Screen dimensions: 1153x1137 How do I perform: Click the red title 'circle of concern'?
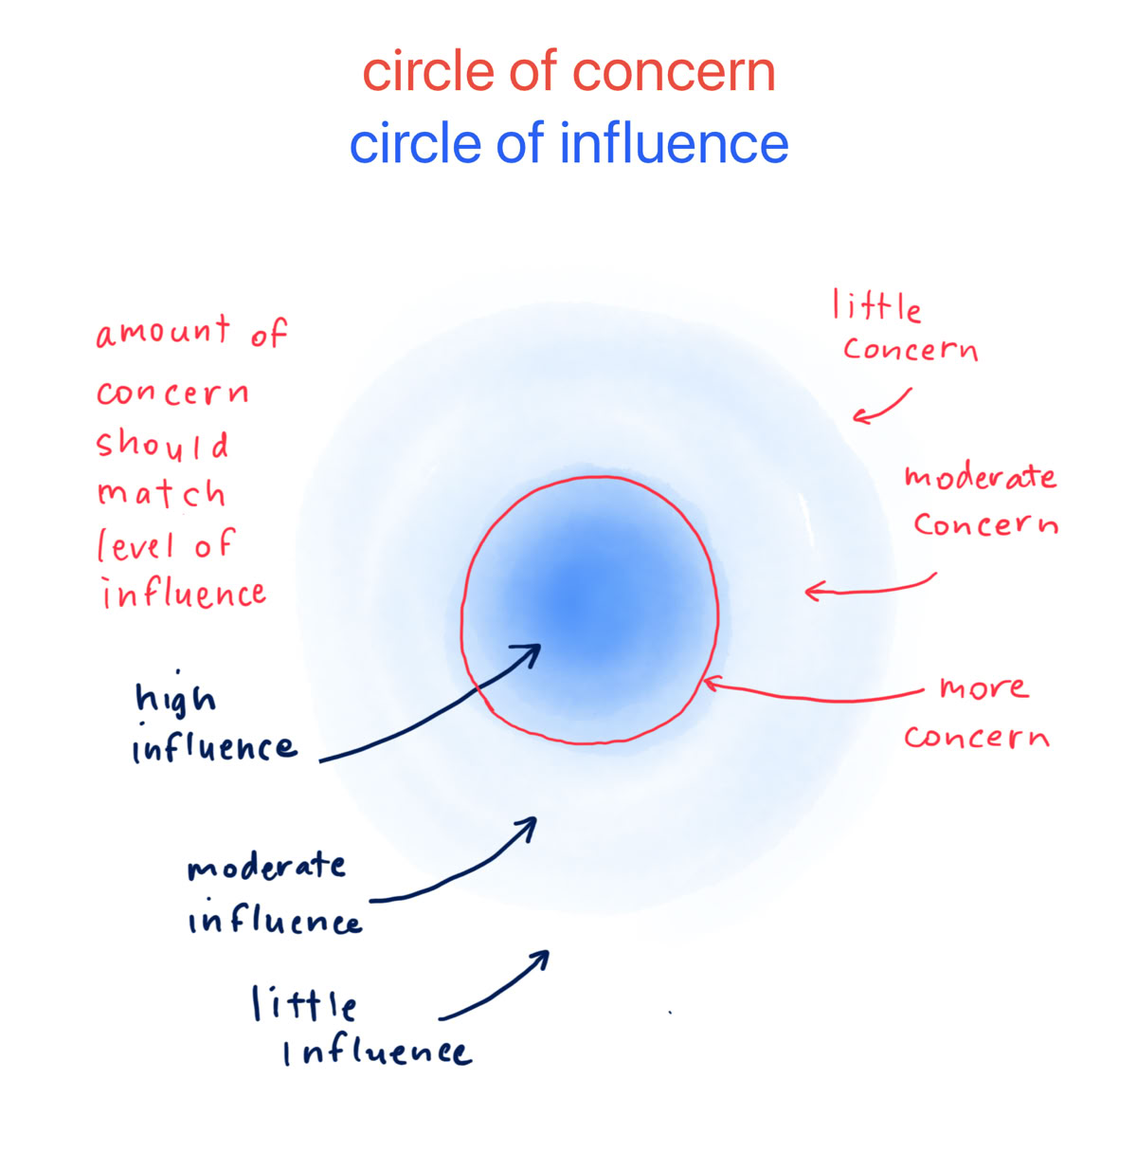(568, 73)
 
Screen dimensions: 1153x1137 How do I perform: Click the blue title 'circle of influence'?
(568, 144)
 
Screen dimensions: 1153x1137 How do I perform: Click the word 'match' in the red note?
(161, 493)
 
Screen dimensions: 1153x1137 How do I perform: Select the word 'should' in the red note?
(162, 444)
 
